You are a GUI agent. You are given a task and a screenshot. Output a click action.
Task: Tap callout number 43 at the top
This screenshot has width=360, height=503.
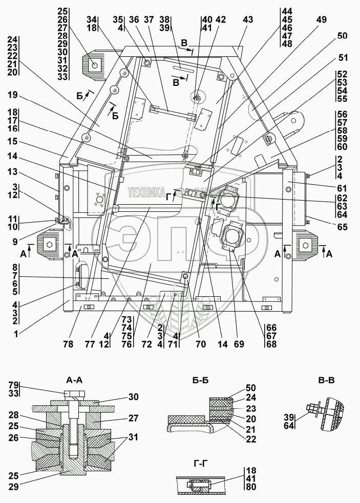[x=248, y=20]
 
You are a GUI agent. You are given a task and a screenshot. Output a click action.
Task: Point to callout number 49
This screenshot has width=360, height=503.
[x=322, y=19]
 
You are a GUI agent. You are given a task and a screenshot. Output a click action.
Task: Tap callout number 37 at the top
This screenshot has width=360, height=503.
[x=149, y=19]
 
